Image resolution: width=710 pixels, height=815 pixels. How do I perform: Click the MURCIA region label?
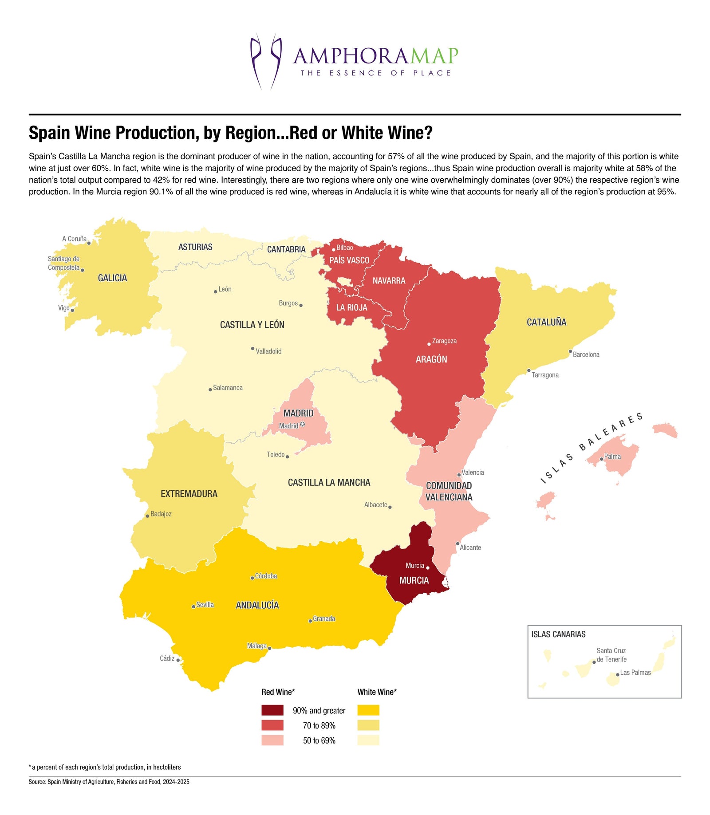pyautogui.click(x=414, y=580)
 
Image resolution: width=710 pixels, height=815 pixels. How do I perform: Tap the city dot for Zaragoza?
pyautogui.click(x=429, y=344)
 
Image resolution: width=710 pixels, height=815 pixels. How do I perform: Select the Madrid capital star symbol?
pyautogui.click(x=303, y=425)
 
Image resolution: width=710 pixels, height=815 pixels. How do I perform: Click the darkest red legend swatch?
pyautogui.click(x=272, y=710)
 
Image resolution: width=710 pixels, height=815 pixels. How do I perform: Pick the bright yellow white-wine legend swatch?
pyautogui.click(x=368, y=710)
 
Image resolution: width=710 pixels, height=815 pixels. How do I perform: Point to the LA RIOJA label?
pyautogui.click(x=351, y=307)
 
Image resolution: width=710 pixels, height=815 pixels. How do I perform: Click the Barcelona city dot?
pyautogui.click(x=570, y=351)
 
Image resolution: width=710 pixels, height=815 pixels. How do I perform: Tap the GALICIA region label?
pyautogui.click(x=112, y=278)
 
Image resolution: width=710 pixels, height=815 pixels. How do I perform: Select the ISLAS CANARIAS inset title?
pyautogui.click(x=558, y=634)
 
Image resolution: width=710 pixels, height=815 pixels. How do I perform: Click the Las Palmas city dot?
pyautogui.click(x=617, y=674)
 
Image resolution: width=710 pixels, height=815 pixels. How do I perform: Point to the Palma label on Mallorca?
pyautogui.click(x=612, y=457)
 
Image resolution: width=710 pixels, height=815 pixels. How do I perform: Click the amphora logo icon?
pyautogui.click(x=265, y=61)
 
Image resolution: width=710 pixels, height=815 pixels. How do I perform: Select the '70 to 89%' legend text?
pyautogui.click(x=319, y=725)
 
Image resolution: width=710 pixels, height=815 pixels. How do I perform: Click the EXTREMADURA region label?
pyautogui.click(x=189, y=494)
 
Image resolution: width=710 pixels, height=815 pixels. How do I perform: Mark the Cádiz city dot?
pyautogui.click(x=178, y=660)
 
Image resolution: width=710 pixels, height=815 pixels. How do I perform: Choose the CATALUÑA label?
pyautogui.click(x=546, y=322)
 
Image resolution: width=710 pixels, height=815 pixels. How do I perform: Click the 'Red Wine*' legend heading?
pyautogui.click(x=278, y=692)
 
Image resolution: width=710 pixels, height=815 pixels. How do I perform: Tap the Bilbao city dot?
pyautogui.click(x=334, y=250)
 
